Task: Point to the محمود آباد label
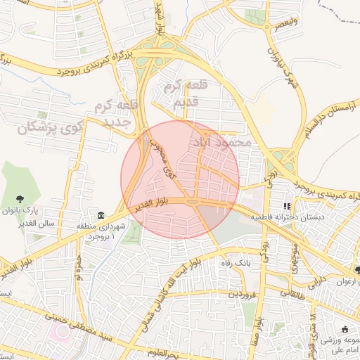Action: (221, 142)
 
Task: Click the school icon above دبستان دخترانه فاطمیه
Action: (286, 206)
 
